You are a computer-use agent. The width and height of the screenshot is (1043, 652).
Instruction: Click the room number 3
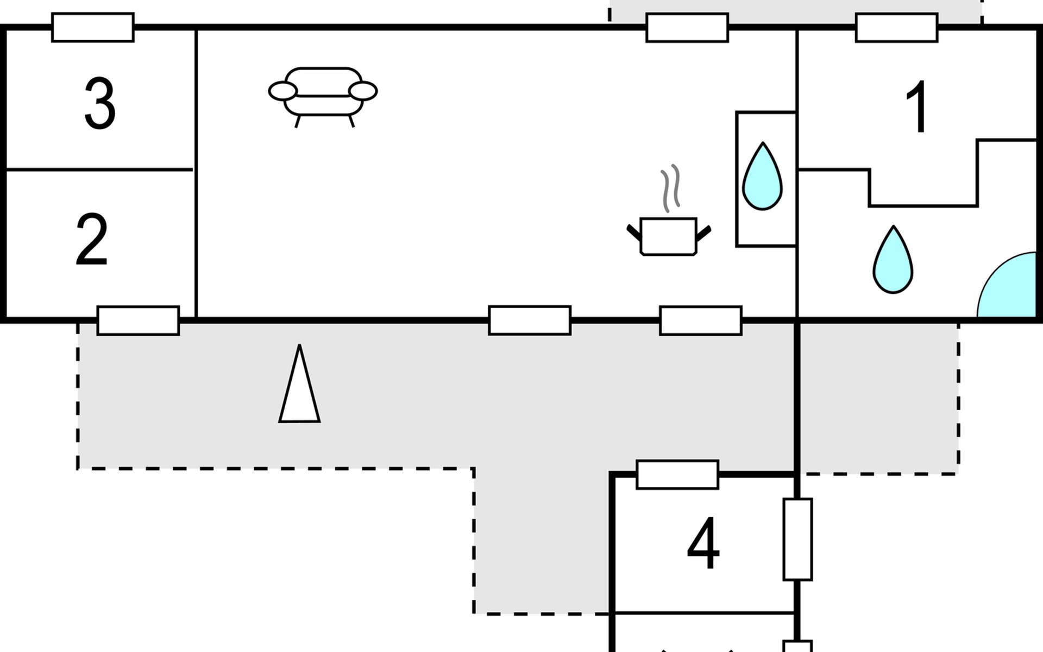(x=100, y=103)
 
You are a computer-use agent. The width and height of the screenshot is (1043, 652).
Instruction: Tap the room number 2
(x=92, y=240)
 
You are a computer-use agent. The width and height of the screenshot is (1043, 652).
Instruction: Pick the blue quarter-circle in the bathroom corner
(x=1007, y=285)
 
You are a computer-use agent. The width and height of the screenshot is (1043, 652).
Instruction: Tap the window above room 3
(x=93, y=27)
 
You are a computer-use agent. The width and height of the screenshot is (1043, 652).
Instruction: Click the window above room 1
(x=897, y=27)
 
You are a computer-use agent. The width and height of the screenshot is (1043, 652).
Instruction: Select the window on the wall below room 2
(x=138, y=321)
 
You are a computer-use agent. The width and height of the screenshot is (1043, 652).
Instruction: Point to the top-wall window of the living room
(x=687, y=27)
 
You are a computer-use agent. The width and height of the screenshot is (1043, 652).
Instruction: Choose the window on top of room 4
(x=677, y=475)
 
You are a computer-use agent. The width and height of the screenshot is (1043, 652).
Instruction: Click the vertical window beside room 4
(x=797, y=539)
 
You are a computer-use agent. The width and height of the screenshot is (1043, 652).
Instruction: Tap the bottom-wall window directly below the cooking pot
(x=701, y=321)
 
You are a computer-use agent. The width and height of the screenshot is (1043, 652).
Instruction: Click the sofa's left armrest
(x=283, y=91)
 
